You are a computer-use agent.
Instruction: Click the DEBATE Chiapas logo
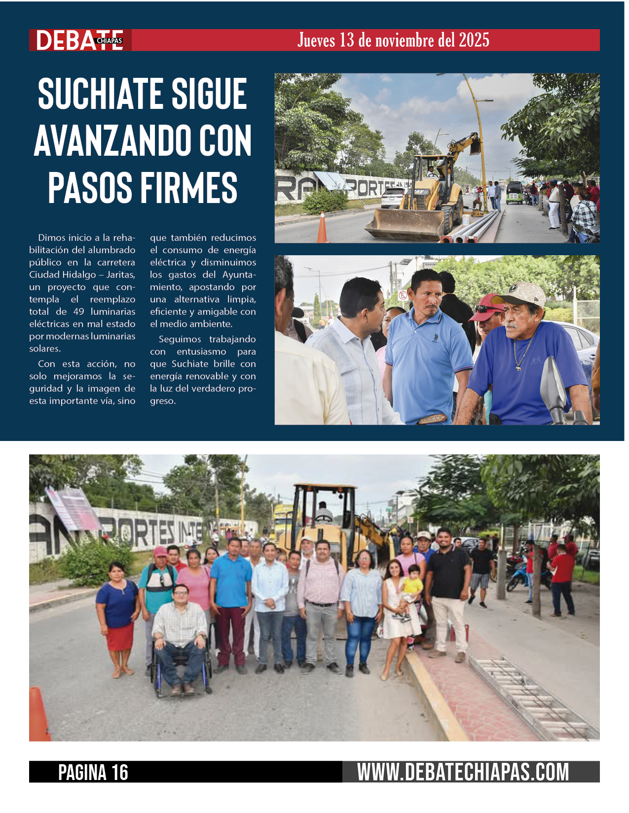click(79, 40)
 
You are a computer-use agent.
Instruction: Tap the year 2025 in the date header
click(474, 40)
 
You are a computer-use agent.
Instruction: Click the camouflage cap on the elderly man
click(522, 294)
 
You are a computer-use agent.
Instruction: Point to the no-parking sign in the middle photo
click(403, 295)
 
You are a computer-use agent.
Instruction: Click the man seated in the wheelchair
click(179, 628)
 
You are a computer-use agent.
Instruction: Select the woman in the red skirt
click(118, 616)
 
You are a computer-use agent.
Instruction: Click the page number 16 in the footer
click(119, 772)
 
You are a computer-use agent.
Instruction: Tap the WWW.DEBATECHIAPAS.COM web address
click(463, 772)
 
